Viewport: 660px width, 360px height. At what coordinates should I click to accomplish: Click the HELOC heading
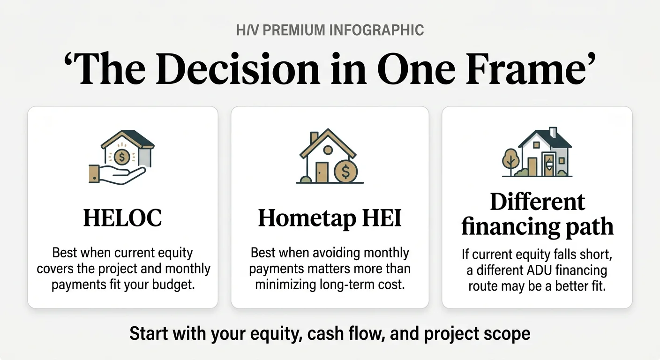tap(122, 218)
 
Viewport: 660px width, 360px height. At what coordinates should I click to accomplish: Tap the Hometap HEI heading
tap(330, 218)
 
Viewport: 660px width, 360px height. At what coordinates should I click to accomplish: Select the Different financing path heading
tap(537, 215)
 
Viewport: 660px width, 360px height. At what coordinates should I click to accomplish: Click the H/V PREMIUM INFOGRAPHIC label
tap(330, 30)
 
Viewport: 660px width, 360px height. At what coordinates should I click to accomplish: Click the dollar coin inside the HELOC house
tap(122, 157)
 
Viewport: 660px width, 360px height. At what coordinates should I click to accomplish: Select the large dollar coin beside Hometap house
tap(345, 172)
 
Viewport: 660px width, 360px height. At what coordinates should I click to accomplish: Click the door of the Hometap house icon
tap(322, 172)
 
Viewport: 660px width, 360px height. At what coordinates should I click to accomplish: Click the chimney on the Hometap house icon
tap(314, 137)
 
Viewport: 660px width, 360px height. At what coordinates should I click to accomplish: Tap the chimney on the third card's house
tap(553, 132)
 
